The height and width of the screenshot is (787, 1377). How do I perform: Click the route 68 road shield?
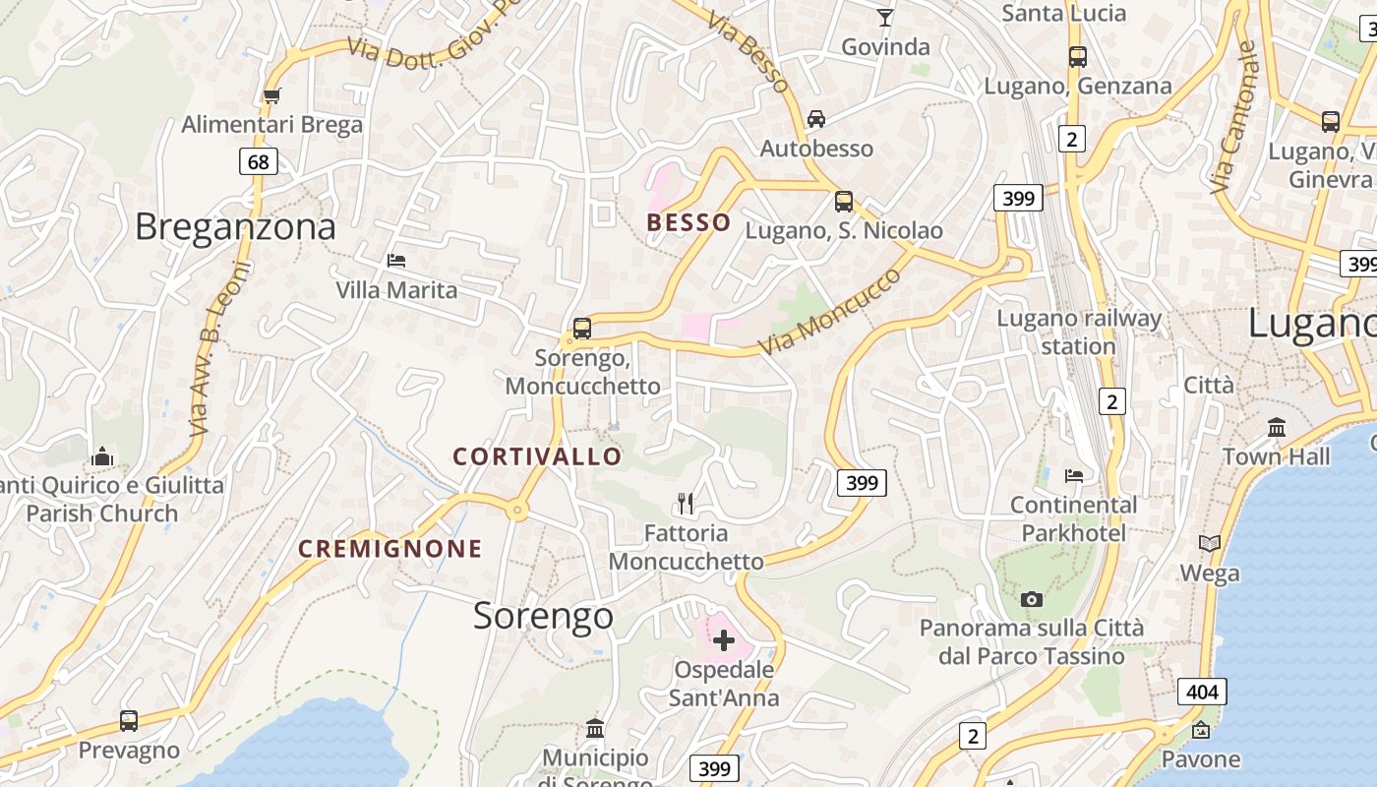(x=258, y=160)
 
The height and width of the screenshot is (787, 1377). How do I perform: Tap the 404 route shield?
(x=1202, y=692)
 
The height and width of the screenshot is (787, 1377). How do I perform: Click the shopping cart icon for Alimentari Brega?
(x=271, y=95)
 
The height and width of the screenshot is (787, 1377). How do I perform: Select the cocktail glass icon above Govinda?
(x=885, y=17)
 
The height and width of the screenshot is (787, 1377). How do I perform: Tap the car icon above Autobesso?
(x=815, y=119)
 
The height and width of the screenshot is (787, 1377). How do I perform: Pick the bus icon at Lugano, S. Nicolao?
(x=843, y=202)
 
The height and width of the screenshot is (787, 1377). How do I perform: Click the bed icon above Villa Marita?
(x=396, y=261)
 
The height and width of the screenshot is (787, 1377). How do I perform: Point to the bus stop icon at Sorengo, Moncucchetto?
(x=581, y=328)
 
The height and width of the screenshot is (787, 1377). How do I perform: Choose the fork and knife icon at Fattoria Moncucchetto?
(x=686, y=504)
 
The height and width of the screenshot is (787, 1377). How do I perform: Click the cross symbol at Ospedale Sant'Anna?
(x=724, y=640)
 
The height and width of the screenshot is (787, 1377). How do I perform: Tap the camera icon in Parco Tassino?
(x=1032, y=599)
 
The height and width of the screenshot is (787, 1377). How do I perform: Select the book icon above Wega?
(x=1209, y=543)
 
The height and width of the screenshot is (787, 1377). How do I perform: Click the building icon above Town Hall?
(x=1277, y=427)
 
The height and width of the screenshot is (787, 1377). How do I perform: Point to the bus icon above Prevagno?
(x=129, y=720)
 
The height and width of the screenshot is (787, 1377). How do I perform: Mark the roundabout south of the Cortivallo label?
(x=516, y=511)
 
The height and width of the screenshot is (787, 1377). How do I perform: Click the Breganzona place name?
(x=235, y=227)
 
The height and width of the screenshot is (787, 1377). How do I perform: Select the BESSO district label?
(x=688, y=222)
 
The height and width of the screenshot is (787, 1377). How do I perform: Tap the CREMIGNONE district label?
(x=390, y=549)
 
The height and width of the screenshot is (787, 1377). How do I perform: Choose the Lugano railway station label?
(x=1079, y=332)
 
